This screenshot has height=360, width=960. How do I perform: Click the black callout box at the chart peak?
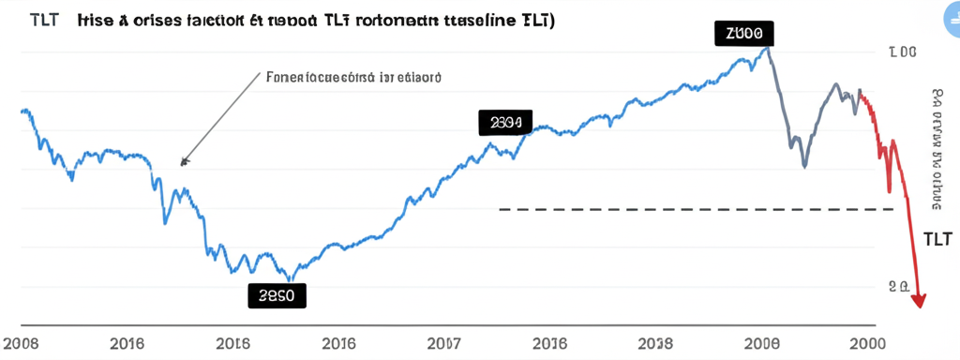(744, 33)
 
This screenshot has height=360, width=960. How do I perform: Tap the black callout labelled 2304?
(504, 122)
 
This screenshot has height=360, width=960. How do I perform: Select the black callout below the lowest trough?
(277, 295)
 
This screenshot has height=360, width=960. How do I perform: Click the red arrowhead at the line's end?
(920, 299)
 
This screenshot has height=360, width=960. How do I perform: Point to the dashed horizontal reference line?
(703, 209)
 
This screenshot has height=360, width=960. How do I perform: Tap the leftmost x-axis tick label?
(22, 343)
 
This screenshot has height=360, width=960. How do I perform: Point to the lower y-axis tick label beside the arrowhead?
(897, 287)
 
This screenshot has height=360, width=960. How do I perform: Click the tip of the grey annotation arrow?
(183, 164)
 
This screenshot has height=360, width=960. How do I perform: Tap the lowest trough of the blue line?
(290, 279)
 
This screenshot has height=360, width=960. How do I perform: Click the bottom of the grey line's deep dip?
(804, 167)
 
